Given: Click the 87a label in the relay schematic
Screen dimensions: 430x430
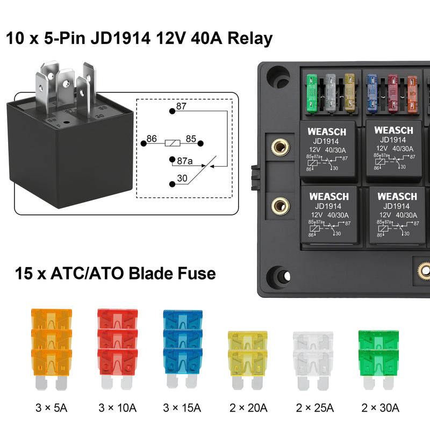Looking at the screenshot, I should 185,160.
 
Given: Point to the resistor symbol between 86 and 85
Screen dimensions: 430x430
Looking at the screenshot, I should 172,144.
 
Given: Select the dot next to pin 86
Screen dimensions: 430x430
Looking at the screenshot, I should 144,144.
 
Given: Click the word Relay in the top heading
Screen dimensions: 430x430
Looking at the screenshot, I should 250,39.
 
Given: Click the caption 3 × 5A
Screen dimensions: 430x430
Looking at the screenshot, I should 52,407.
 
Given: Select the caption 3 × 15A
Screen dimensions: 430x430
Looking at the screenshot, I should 183,407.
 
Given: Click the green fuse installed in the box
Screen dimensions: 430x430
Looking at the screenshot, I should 312,94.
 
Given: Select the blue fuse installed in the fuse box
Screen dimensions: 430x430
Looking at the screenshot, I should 372,94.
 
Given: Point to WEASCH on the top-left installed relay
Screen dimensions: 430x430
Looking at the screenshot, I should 327,131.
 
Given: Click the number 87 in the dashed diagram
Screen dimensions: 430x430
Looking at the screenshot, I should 181,106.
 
